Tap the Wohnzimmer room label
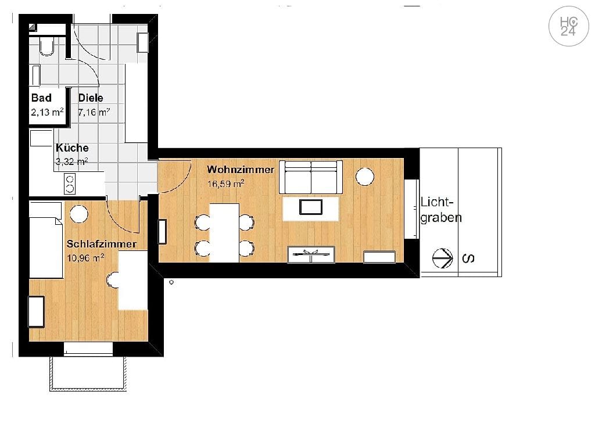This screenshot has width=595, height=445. pyautogui.click(x=241, y=170)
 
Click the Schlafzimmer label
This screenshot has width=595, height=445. pyautogui.click(x=101, y=243)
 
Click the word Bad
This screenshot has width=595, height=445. pyautogui.click(x=41, y=98)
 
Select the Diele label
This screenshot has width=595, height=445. pyautogui.click(x=91, y=98)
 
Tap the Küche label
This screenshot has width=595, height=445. pyautogui.click(x=72, y=148)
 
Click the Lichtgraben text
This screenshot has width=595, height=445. pyautogui.click(x=441, y=210)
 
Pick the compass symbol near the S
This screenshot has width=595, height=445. pyautogui.click(x=443, y=258)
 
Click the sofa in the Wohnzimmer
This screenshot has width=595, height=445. pyautogui.click(x=311, y=177)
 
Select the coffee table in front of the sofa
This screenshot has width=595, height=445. pyautogui.click(x=311, y=208)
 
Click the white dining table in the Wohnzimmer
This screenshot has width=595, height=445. pyautogui.click(x=224, y=232)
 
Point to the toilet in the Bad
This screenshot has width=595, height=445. pyautogui.click(x=46, y=46)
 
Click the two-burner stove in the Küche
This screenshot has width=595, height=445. pyautogui.click(x=70, y=184)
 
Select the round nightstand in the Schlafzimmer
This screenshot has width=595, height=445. pyautogui.click(x=78, y=214)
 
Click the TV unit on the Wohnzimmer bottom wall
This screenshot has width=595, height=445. pyautogui.click(x=311, y=254)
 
